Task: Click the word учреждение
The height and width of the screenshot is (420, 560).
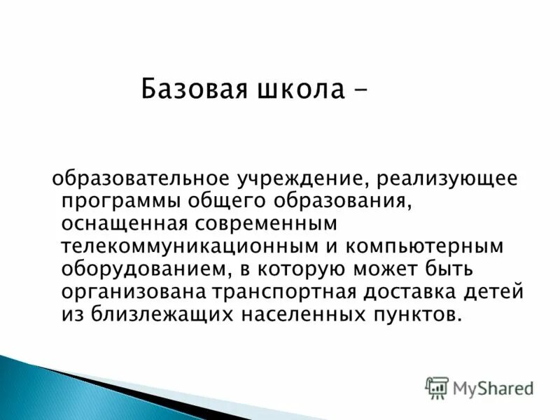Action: pos(302,179)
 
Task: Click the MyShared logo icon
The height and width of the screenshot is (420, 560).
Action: pos(437,386)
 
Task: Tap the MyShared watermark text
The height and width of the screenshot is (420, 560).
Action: pos(493,387)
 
